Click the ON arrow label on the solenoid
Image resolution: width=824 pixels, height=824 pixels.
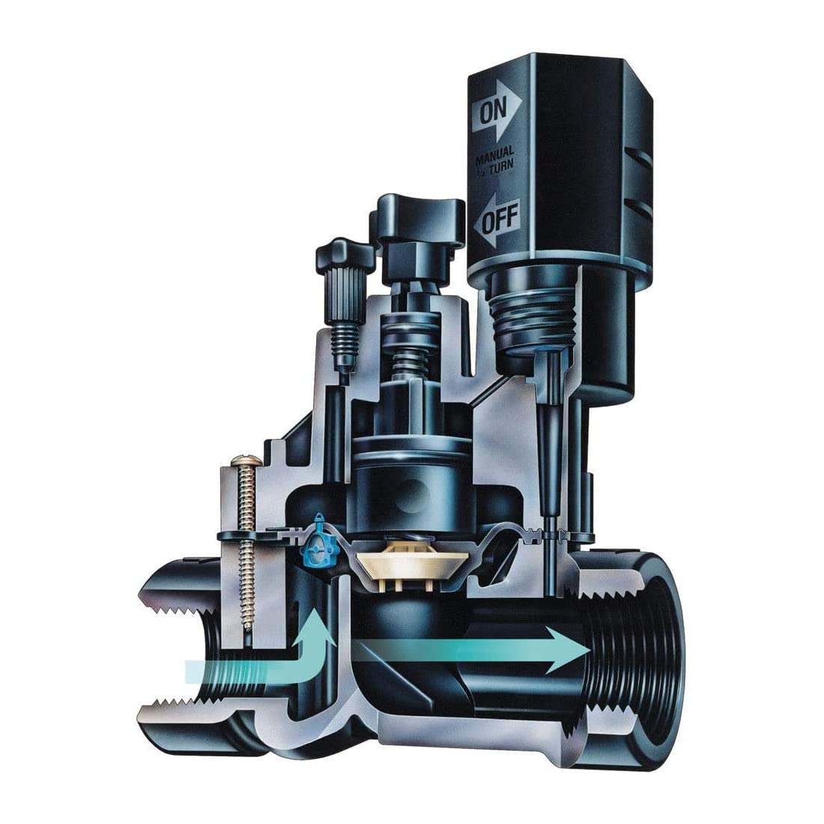click(x=496, y=111)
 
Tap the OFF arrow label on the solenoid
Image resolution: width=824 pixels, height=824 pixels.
click(x=496, y=219)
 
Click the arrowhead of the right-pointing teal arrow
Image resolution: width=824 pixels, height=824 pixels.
click(x=568, y=650)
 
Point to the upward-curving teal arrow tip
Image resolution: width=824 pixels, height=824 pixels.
click(x=315, y=625)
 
